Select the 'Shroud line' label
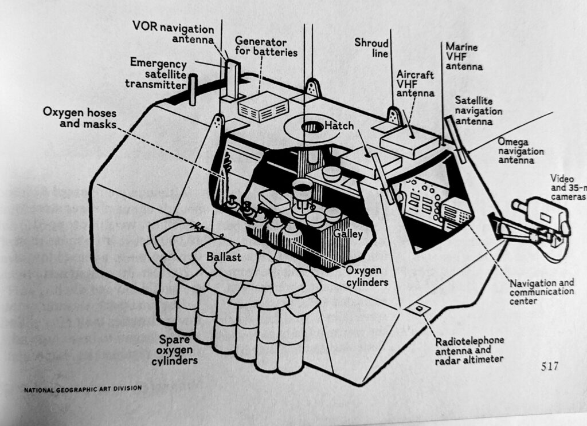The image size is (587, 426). tap(371, 48)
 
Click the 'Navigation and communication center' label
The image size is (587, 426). tap(541, 291)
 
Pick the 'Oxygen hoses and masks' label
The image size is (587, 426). tap(79, 117)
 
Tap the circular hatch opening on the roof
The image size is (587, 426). tap(312, 127)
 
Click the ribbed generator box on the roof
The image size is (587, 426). tap(263, 107)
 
